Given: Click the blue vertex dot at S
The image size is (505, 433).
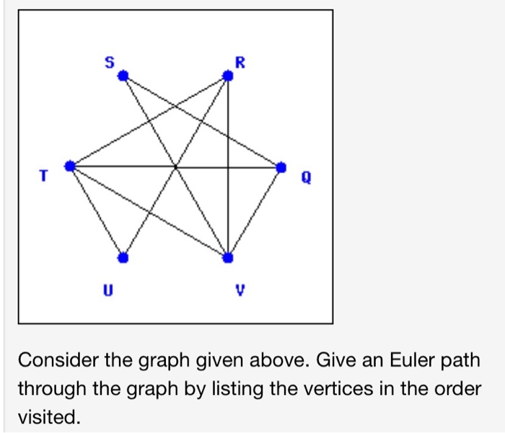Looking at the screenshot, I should (123, 75).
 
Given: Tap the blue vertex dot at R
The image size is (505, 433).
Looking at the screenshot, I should (228, 75).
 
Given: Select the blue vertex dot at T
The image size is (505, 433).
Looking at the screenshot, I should (70, 166).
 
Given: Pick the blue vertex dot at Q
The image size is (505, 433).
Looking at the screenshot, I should (281, 166).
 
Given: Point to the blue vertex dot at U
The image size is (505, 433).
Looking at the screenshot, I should (123, 257).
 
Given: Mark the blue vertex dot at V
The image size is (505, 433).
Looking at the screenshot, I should (228, 257).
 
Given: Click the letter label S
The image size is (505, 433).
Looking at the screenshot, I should (110, 63).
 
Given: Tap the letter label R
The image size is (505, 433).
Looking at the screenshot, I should (241, 63).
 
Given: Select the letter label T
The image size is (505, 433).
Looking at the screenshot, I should (44, 174).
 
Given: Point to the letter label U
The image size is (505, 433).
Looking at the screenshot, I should (110, 291).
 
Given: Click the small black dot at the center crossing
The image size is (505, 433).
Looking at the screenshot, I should (175, 166).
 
